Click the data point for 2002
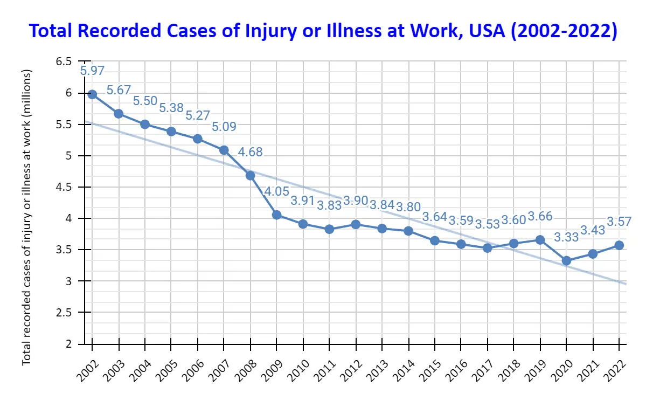coord(92,94)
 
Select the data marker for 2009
coord(277,215)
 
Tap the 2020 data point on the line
coord(567,260)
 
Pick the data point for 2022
coord(620,245)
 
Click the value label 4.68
coord(250,152)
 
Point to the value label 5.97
coord(92,70)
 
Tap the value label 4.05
coord(277,191)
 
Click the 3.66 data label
coord(540,216)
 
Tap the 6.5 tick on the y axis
coord(64,61)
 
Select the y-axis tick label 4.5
coord(64,187)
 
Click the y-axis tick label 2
coord(68,343)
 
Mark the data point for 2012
coord(356,224)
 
